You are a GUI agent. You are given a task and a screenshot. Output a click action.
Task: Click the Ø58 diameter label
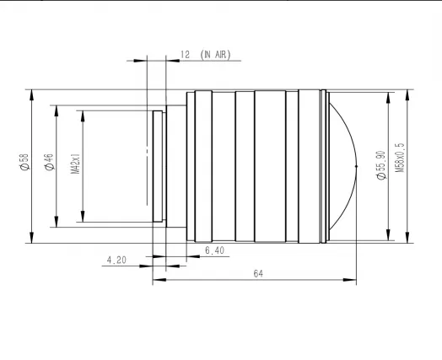[x=24, y=162]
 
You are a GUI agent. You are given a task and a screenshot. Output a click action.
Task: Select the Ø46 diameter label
[x=49, y=162]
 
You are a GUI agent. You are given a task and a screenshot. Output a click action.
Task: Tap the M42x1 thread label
[x=75, y=164]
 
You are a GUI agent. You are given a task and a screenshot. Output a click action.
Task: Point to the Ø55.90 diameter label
[x=381, y=165]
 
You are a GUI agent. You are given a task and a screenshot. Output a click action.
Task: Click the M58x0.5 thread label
[x=400, y=158]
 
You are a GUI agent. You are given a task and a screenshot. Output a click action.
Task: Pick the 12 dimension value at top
[x=185, y=55]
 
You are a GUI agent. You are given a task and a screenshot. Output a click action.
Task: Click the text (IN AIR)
[x=215, y=55]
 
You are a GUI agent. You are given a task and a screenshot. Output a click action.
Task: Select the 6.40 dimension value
[x=214, y=250]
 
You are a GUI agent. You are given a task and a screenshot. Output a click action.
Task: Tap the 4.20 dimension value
[x=116, y=260]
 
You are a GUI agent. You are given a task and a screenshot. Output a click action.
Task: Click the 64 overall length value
[x=258, y=273]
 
